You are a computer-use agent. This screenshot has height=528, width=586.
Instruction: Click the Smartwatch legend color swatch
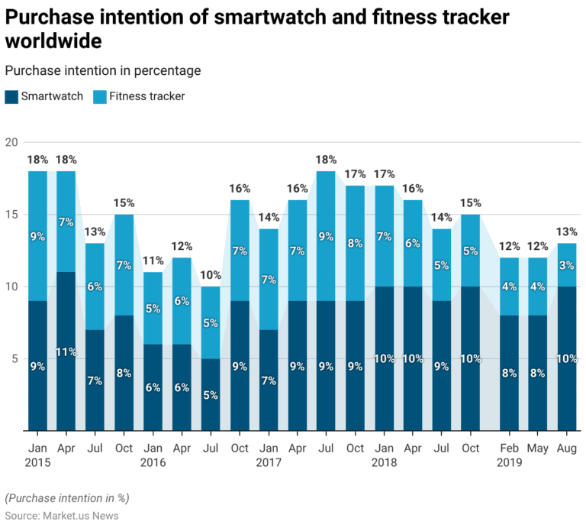point(11,96)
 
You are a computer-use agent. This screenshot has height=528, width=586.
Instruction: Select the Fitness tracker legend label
point(146,96)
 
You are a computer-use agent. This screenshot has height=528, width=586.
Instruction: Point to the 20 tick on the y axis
point(11,143)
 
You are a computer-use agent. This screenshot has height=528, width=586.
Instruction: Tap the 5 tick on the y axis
point(13,358)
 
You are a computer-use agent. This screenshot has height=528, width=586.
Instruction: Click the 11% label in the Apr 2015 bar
point(66,352)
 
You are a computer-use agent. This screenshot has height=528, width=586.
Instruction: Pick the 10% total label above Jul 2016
point(210,275)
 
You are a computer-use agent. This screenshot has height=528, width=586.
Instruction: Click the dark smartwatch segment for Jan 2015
point(37,365)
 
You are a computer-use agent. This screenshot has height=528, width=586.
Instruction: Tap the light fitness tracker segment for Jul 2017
point(325,236)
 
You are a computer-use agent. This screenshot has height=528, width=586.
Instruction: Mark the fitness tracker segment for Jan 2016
point(153,309)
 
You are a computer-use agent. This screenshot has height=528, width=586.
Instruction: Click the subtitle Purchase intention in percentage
point(102,70)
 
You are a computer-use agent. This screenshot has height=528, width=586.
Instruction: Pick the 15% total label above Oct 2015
point(124,203)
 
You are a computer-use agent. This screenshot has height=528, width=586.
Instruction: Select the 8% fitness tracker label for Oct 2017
point(354,243)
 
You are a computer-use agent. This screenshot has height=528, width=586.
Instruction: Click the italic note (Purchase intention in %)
point(66,497)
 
